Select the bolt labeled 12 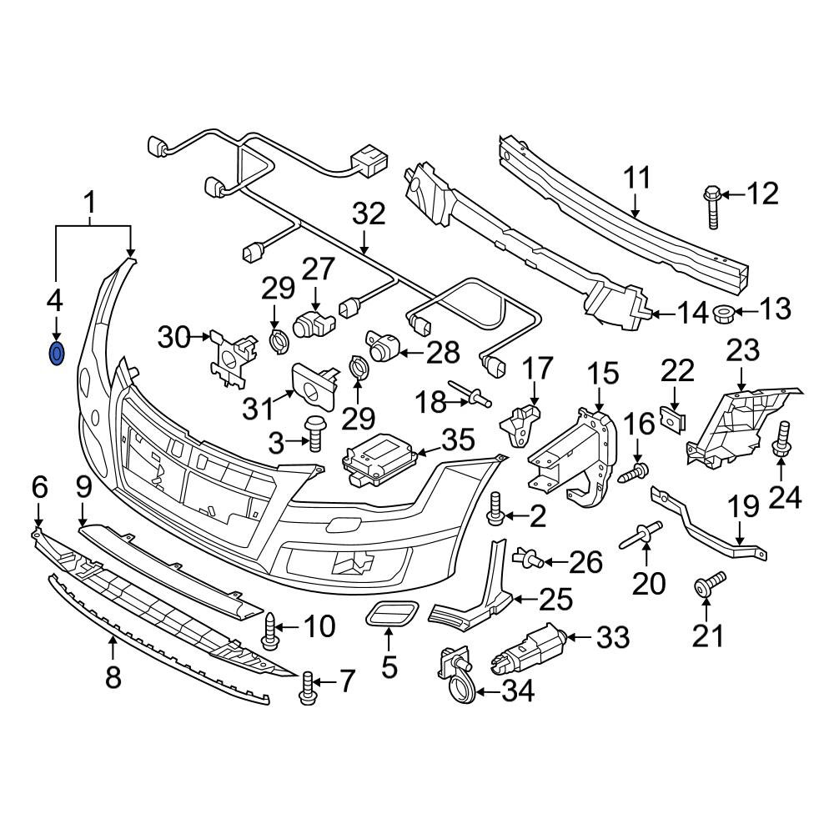click(x=712, y=206)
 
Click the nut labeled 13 click(x=723, y=311)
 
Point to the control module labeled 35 click(x=378, y=459)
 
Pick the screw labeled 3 click(x=314, y=433)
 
